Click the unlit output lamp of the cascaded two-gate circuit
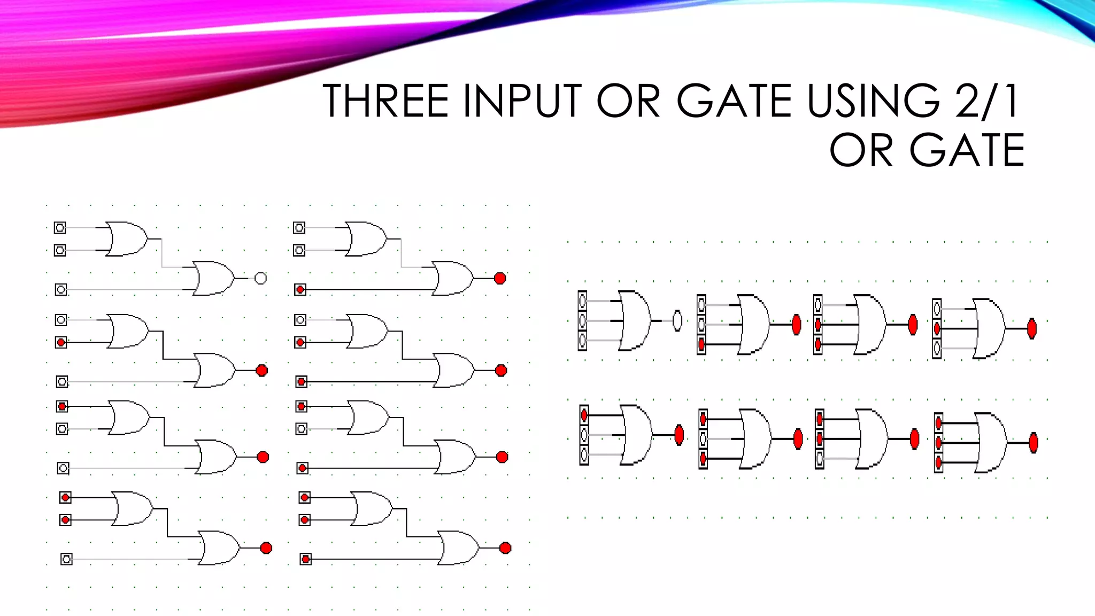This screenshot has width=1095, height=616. coord(260,278)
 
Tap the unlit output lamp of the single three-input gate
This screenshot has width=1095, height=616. coord(677,321)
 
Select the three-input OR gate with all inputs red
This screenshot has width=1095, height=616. coord(991,443)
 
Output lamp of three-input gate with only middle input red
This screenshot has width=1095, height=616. coord(1032,329)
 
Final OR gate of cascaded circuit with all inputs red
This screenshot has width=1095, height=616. coord(458,548)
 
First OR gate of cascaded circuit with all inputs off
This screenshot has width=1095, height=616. coord(127,238)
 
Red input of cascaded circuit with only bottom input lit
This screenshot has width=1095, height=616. coord(300,290)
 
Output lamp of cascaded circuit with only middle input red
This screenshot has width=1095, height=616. coord(261,371)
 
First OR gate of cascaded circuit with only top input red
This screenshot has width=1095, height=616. coord(130,417)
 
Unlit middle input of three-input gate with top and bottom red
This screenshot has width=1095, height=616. coord(703,439)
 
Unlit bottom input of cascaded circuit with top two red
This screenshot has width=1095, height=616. coord(66,559)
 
